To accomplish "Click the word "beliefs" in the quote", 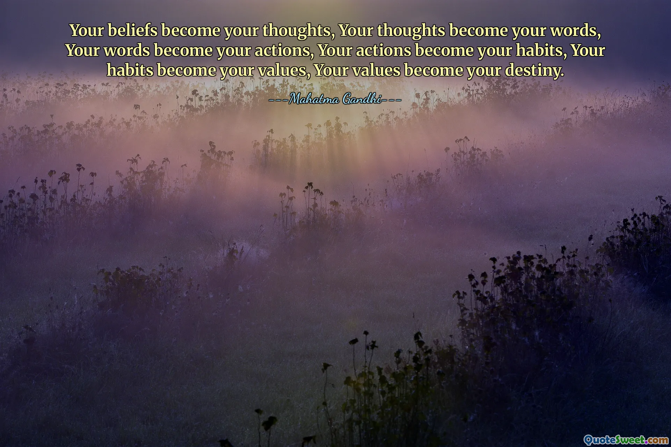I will point(132,30).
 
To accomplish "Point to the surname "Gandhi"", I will point(362,99).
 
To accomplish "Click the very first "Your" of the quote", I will point(87,30).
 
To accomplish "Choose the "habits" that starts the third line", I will point(130,70).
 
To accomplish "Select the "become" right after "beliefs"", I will point(191,30).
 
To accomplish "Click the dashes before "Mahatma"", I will point(279,100).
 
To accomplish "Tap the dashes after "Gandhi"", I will point(391,100).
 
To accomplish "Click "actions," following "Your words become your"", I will point(284,50).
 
